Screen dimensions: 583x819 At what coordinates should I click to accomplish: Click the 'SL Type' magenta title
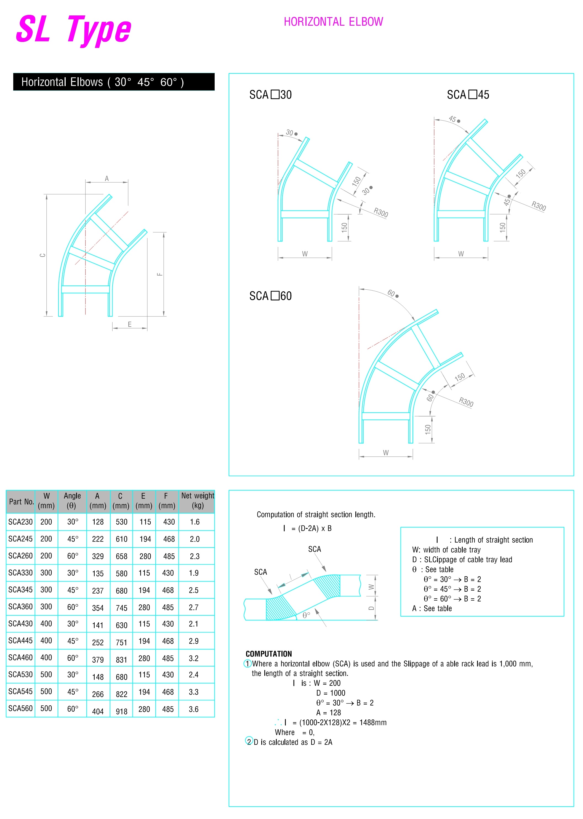click(74, 30)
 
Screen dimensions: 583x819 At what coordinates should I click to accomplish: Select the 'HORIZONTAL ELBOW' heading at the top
click(334, 22)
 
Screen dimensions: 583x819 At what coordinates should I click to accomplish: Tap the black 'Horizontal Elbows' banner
click(114, 82)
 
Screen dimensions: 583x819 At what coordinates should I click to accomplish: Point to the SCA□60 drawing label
click(270, 296)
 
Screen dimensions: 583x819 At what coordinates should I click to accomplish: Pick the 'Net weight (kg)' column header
click(198, 501)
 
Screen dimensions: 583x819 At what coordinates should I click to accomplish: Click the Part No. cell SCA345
click(20, 590)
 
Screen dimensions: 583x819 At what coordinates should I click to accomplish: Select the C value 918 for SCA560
click(122, 712)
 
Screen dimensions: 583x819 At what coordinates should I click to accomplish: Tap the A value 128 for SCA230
click(98, 522)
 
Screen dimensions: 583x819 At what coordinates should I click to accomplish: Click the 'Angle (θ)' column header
click(72, 501)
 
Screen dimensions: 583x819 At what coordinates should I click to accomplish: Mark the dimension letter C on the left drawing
click(43, 255)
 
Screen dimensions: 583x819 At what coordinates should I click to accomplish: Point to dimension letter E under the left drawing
click(130, 324)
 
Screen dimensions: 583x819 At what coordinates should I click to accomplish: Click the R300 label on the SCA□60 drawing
click(466, 402)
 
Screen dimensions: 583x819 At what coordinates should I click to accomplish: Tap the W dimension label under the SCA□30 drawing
click(305, 254)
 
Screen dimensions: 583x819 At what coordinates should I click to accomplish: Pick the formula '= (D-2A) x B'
click(311, 528)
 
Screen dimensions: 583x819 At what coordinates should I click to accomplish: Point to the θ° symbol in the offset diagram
click(306, 615)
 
